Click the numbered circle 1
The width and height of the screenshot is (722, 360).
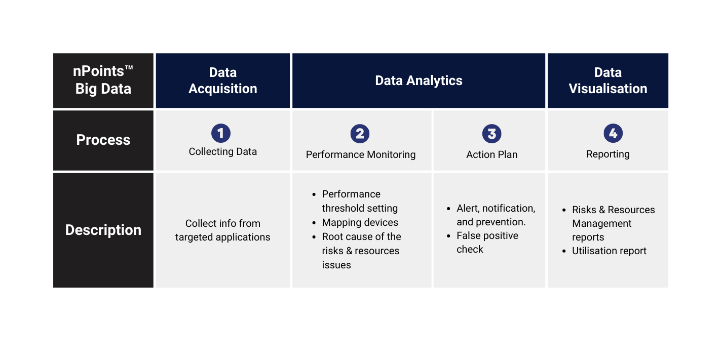click(x=221, y=133)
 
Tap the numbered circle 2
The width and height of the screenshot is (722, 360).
click(x=360, y=134)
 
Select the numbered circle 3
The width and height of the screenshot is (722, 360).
click(x=491, y=134)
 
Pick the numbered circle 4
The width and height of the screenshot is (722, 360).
click(x=613, y=133)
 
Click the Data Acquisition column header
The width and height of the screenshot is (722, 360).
click(x=223, y=81)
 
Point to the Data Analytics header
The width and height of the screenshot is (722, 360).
click(x=419, y=81)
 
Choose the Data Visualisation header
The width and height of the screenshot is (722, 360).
click(x=608, y=81)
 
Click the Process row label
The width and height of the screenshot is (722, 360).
click(x=103, y=140)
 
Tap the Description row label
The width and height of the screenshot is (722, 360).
click(x=103, y=230)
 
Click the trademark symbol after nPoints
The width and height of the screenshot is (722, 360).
click(x=129, y=68)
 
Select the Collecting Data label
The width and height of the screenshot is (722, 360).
click(x=223, y=152)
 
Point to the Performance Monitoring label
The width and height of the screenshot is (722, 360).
click(x=361, y=155)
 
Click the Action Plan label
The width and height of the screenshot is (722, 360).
click(x=492, y=154)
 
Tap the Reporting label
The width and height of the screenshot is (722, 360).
click(x=608, y=154)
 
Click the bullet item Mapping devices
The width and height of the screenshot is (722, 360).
click(x=360, y=222)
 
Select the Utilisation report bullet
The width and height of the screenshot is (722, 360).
click(x=609, y=251)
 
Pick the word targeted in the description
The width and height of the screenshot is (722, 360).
click(x=194, y=237)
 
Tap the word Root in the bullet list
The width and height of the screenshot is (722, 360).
click(x=333, y=236)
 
